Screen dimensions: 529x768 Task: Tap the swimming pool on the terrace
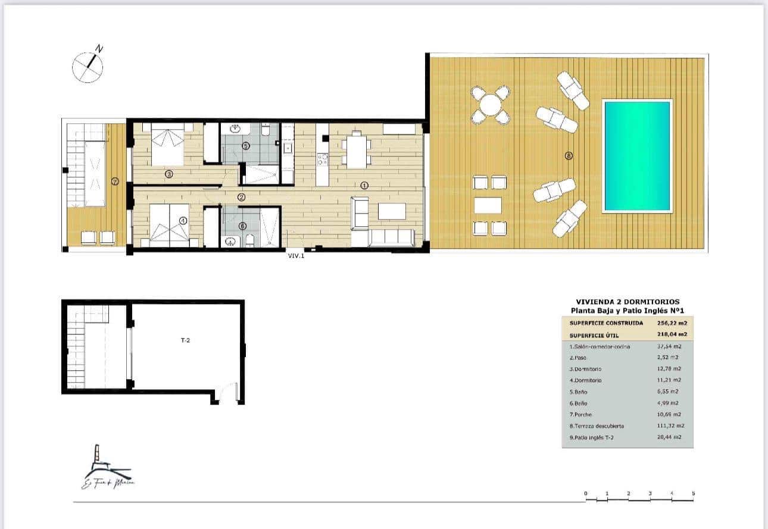[x=637, y=156]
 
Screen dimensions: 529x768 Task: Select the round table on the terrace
[x=490, y=105]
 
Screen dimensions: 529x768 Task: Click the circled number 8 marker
[x=569, y=156]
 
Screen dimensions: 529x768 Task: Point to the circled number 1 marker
[x=364, y=186]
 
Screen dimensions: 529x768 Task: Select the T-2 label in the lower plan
[x=186, y=341]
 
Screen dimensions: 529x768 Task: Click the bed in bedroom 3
[x=167, y=146]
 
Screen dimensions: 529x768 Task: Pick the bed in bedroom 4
[x=168, y=226]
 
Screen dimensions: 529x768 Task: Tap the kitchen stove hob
[x=323, y=159]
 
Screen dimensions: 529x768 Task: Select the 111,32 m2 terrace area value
[x=672, y=425]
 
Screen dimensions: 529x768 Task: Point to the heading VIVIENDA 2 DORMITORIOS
[x=627, y=302]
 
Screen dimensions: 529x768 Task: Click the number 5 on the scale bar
[x=694, y=493]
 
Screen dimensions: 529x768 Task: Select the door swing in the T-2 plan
[x=227, y=393]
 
